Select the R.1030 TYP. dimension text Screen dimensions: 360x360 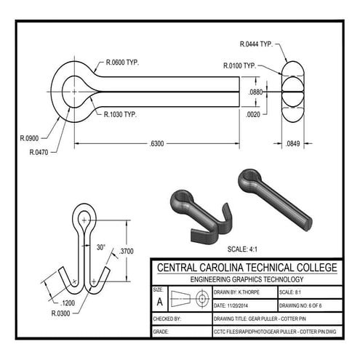tap(120, 115)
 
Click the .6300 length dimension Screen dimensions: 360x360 tap(156, 143)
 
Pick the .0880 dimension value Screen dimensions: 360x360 tap(255, 92)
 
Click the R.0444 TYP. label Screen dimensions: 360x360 tap(255, 44)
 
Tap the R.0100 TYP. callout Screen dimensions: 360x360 tap(239, 65)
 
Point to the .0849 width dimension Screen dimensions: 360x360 tap(294, 143)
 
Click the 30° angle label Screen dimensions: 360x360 tap(101, 248)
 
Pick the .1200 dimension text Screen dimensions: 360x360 tap(68, 303)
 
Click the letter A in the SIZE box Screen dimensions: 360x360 tap(159, 300)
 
